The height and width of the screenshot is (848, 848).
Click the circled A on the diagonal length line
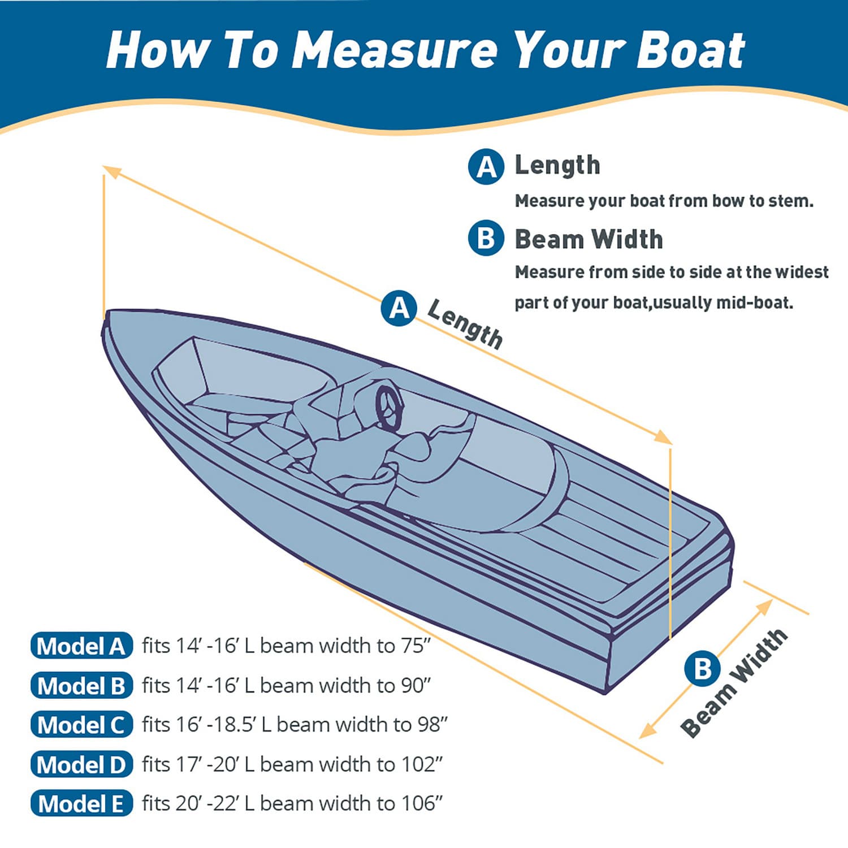tap(399, 308)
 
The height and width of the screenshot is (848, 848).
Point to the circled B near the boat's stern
tap(702, 669)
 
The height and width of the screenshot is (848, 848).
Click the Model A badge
tap(81, 646)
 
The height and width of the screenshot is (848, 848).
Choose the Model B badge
tap(81, 685)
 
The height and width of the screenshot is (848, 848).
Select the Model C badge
tap(81, 725)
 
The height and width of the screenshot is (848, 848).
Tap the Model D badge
tap(81, 764)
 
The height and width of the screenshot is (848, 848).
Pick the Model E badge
tap(81, 803)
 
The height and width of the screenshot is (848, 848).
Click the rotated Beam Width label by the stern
tap(734, 682)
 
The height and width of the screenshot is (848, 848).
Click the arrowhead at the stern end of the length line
tap(664, 436)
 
